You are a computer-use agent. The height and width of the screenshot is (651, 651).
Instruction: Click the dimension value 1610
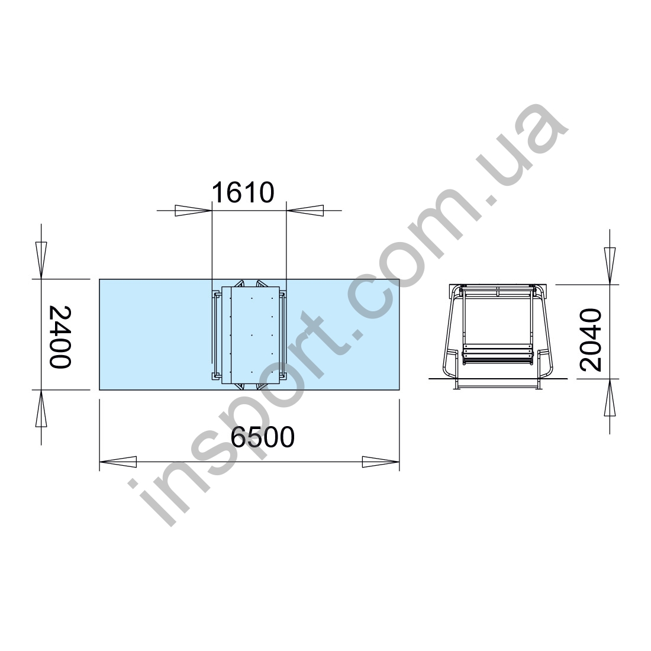[243, 192]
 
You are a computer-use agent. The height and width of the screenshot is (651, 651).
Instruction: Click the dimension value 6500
[262, 437]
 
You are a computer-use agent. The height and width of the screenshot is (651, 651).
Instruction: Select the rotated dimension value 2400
[60, 337]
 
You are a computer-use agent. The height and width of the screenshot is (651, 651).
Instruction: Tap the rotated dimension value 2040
[591, 340]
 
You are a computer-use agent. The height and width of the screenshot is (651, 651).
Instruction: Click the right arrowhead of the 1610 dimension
[305, 211]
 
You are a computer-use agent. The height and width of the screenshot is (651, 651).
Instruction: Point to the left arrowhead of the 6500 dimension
[118, 462]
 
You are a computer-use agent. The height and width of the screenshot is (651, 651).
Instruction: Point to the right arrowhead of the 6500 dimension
[381, 462]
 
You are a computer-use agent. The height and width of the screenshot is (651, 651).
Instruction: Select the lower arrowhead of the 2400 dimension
[41, 408]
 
